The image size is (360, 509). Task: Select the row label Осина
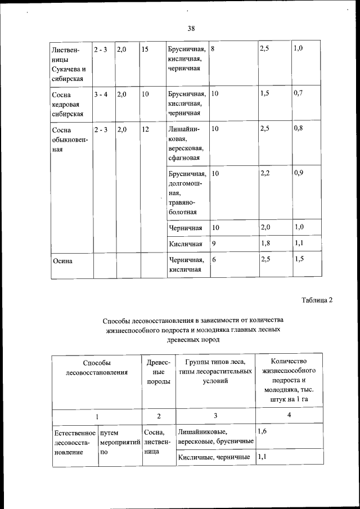pos(62,260)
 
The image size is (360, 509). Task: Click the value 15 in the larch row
pos(145,49)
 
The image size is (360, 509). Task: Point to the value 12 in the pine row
pos(145,129)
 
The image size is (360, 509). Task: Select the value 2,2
pos(265,173)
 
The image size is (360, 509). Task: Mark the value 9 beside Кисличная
pos(214,243)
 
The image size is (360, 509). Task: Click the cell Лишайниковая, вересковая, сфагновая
pos(186,145)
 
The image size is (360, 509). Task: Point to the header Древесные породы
pos(159,372)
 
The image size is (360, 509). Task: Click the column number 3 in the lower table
pos(215,416)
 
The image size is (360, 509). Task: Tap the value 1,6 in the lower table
pos(262,431)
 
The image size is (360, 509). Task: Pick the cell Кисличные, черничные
pos(214,457)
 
